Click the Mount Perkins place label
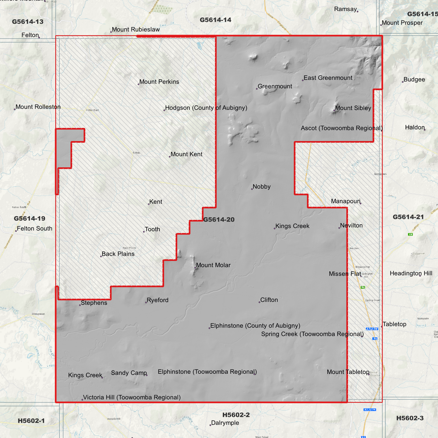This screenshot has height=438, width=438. click(x=159, y=82)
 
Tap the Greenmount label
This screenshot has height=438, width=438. click(x=275, y=86)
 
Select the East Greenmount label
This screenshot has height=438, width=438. click(x=328, y=78)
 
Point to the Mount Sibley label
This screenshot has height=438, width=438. click(x=353, y=108)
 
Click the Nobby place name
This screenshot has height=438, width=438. click(x=261, y=187)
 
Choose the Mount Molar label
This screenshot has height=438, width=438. click(x=213, y=265)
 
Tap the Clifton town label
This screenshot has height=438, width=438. click(x=269, y=300)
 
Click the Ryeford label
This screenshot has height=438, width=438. click(x=157, y=300)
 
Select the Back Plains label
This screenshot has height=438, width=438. click(x=118, y=254)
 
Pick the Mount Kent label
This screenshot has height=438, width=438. click(x=186, y=154)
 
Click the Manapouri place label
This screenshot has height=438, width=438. click(x=346, y=201)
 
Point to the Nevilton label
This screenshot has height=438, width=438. click(x=351, y=226)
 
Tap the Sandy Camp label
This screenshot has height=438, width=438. click(x=129, y=373)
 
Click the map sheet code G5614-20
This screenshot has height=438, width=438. click(x=219, y=219)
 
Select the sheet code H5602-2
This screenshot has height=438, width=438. click(x=236, y=415)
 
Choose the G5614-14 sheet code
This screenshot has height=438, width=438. click(x=216, y=20)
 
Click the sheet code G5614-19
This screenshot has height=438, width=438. click(x=29, y=218)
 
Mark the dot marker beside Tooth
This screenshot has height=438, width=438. click(x=144, y=232)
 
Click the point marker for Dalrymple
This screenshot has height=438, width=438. click(x=210, y=425)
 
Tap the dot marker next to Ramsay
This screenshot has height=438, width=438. click(x=358, y=12)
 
